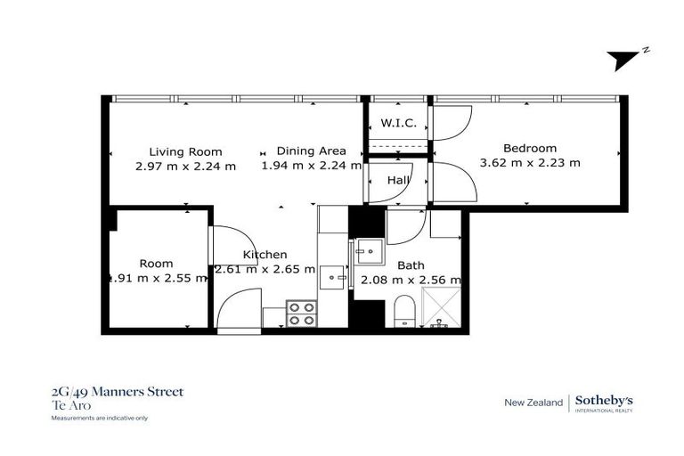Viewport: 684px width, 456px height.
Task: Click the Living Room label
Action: [185, 151]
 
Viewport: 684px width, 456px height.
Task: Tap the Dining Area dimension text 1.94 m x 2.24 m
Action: [311, 165]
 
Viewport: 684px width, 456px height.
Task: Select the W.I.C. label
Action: [398, 123]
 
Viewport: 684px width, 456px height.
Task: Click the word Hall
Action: [397, 181]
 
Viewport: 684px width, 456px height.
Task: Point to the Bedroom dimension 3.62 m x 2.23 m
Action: [530, 163]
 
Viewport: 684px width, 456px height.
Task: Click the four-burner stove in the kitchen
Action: [302, 314]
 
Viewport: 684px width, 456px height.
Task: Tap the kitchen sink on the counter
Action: [332, 277]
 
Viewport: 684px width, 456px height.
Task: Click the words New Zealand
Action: [533, 403]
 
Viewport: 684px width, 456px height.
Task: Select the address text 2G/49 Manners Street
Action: [117, 392]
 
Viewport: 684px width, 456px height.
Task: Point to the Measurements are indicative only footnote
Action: [99, 417]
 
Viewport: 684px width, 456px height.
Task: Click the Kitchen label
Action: [265, 255]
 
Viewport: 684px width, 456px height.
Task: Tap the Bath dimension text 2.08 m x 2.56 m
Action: [411, 280]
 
